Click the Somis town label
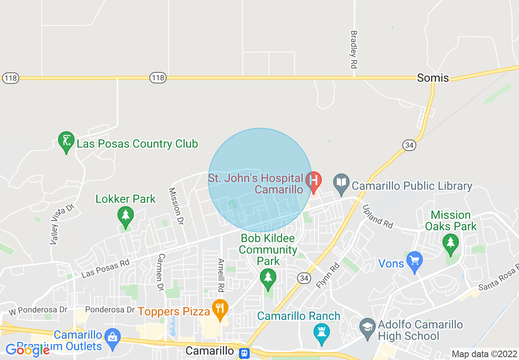click(433, 78)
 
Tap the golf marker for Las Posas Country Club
click(66, 142)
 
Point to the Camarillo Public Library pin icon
click(341, 182)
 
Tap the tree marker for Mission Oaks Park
click(451, 243)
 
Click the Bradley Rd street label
click(354, 49)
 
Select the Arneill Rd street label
click(221, 275)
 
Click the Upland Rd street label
click(378, 216)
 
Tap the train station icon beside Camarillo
click(244, 352)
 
